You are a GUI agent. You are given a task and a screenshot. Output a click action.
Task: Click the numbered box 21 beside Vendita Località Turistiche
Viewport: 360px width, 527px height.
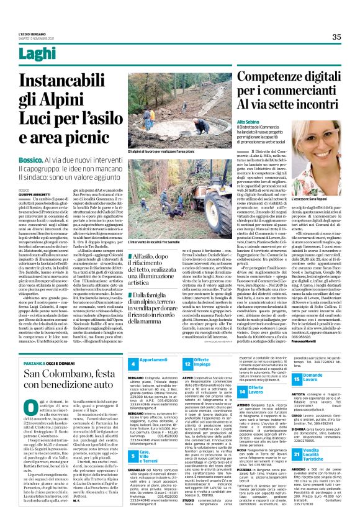[x=297, y=473]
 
